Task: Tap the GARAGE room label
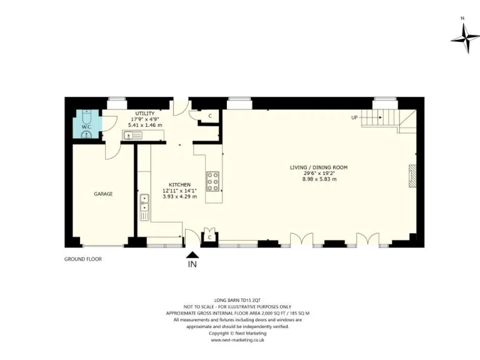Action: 103,194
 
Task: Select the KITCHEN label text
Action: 179,184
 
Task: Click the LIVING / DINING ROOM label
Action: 318,167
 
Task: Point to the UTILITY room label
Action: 145,113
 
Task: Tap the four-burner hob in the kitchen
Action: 213,180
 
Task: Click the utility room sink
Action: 133,134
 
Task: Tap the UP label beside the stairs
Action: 354,117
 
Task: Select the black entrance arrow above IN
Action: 192,254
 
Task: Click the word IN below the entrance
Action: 192,265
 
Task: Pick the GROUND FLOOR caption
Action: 83,259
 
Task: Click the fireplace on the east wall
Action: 412,176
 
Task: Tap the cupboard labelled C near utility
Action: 210,116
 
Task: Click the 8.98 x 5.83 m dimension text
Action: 319,179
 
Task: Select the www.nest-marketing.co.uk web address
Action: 237,340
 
